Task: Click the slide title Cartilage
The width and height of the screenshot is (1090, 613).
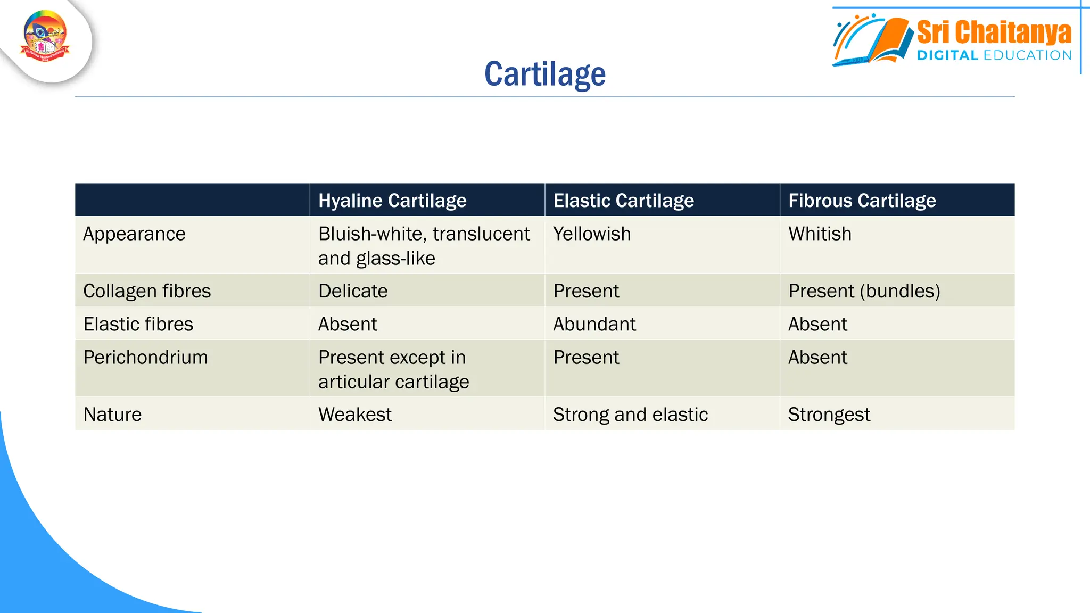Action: [x=544, y=74]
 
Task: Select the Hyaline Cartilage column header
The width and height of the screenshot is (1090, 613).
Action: [x=392, y=201]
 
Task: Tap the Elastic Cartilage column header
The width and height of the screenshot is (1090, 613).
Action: [x=623, y=201]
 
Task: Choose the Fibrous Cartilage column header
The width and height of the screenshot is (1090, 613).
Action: [x=862, y=201]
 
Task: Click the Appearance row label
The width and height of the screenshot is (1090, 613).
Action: [x=134, y=234]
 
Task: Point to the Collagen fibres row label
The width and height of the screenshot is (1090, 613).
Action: [x=147, y=291]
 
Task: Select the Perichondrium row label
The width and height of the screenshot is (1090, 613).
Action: [x=145, y=357]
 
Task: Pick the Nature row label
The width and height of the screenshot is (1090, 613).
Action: [x=112, y=415]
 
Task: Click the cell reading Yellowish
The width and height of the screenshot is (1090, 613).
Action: [x=592, y=234]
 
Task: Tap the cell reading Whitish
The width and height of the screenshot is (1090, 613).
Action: [x=820, y=234]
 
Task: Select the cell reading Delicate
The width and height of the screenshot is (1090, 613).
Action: [x=353, y=291]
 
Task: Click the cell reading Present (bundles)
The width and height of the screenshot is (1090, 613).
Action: [x=864, y=291]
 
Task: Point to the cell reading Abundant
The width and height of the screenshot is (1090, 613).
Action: [x=594, y=324]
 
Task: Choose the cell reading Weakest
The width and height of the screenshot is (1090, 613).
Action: [x=354, y=415]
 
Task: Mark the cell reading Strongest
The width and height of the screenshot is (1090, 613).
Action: [x=829, y=415]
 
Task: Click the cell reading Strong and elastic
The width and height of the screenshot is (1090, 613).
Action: [x=630, y=415]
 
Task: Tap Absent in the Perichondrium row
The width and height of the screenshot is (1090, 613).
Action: [x=817, y=357]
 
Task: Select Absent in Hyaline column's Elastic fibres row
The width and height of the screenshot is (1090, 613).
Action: [x=348, y=324]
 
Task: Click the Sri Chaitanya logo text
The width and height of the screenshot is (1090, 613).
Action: [x=993, y=33]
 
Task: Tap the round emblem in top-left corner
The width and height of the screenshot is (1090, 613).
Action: [x=45, y=36]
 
